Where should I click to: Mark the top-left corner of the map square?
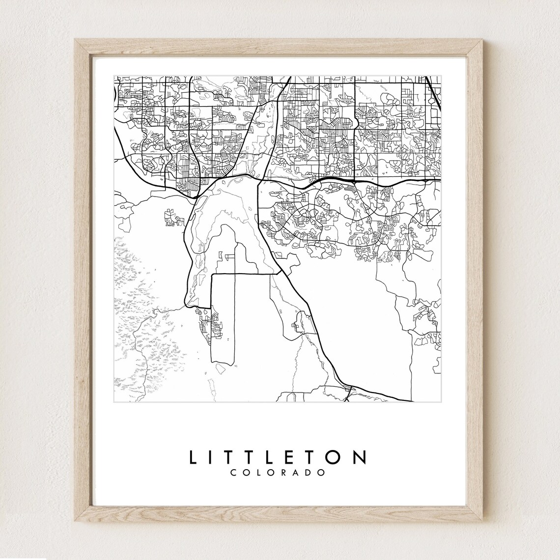(114, 76)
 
